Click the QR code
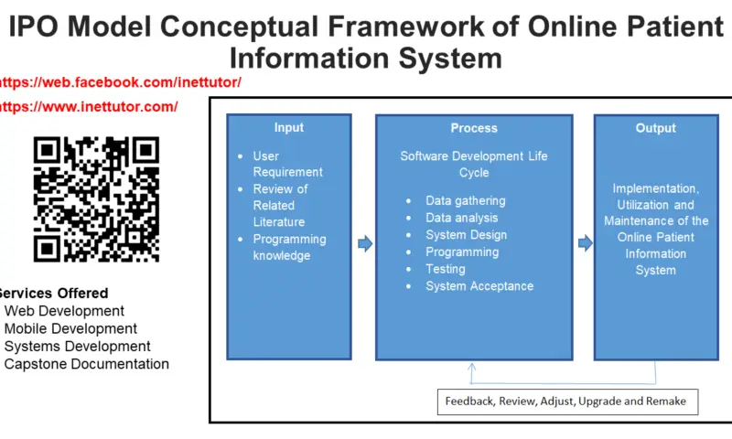coord(96,199)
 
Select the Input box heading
coord(289,128)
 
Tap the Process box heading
coord(474,129)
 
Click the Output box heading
coord(655,129)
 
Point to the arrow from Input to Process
coord(364,243)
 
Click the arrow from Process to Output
coord(585,243)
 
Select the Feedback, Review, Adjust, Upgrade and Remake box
coord(565,401)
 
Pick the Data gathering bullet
coord(465,200)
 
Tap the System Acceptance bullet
coord(479,286)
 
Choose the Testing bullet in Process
coord(445,269)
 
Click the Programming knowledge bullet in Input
coord(289,248)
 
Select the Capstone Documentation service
coord(87,364)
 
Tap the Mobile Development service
coord(70,328)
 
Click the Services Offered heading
coord(53,294)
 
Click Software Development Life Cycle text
coord(474,164)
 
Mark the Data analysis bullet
coord(461,218)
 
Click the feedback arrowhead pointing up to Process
coord(472,366)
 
